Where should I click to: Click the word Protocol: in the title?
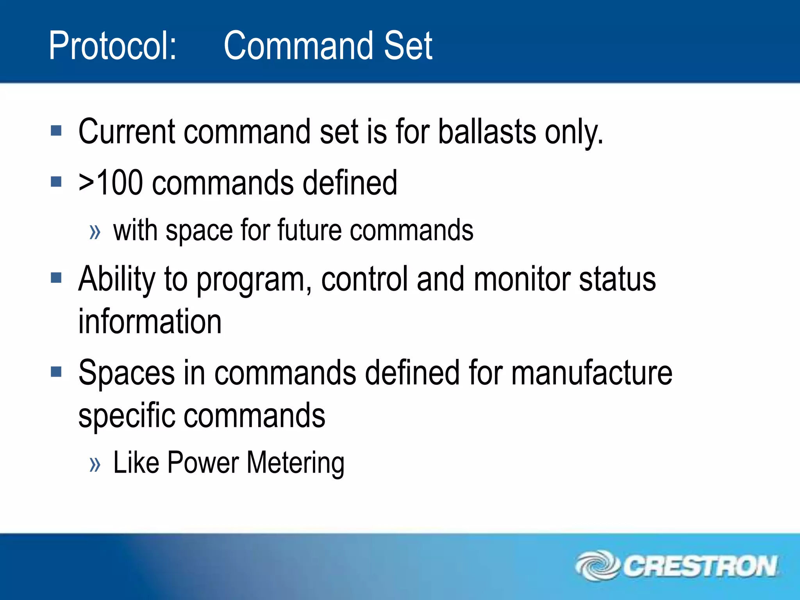[x=112, y=46]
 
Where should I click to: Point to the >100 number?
[x=111, y=183]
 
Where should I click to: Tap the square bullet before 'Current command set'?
[x=56, y=130]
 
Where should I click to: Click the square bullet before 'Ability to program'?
[x=56, y=278]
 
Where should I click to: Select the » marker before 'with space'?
[x=95, y=232]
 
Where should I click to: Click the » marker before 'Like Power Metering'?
[x=95, y=464]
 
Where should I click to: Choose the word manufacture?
[x=591, y=373]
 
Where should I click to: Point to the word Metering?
[x=295, y=463]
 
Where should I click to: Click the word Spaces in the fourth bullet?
[x=127, y=373]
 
